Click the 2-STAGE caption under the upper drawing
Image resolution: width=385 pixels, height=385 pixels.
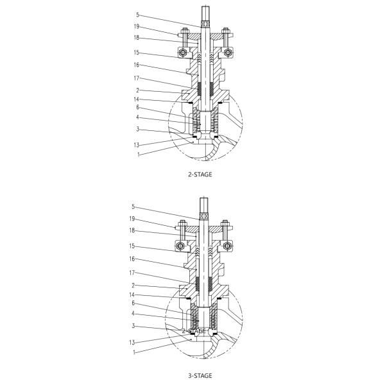point(200,174)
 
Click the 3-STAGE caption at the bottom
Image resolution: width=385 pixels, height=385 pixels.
point(200,375)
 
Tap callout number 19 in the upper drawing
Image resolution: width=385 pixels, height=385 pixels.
point(137,27)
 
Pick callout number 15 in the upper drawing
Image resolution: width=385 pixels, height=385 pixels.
point(137,53)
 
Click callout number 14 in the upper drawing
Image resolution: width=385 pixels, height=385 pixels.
point(137,99)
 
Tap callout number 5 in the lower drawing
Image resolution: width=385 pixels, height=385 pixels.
point(133,207)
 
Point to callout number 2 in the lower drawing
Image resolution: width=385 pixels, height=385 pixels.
point(133,284)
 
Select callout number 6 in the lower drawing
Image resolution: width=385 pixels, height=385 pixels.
point(133,304)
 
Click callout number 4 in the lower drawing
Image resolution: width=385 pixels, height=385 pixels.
point(133,313)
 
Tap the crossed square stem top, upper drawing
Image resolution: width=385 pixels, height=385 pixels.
point(205,24)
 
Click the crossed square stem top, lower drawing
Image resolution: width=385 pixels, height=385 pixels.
point(205,216)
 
